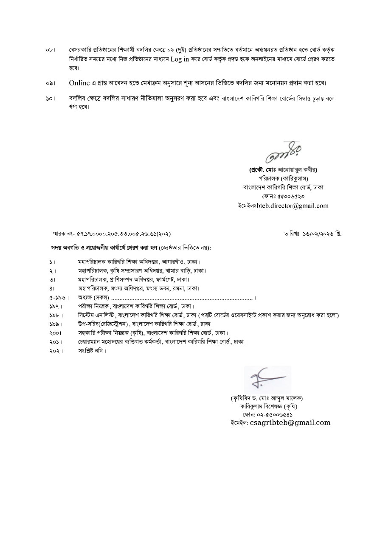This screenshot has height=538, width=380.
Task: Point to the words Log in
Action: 180,59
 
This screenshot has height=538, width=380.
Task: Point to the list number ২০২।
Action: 55,351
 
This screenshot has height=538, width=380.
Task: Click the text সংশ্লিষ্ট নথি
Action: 92,351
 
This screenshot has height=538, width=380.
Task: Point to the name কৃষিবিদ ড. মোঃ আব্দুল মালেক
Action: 267,398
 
